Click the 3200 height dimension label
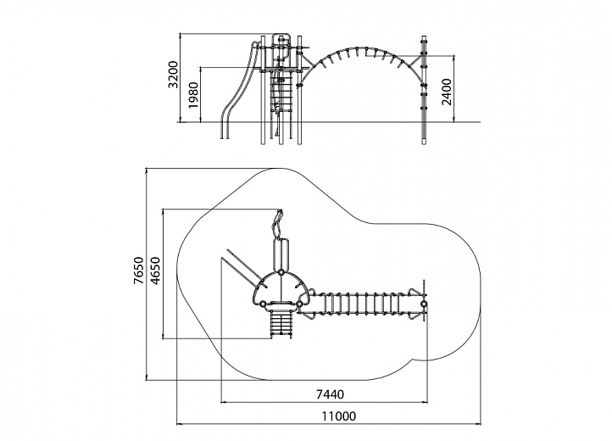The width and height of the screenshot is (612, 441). pos(173,75)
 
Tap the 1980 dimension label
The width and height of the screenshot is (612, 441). pos(193,95)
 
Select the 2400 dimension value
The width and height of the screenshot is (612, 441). pos(447,92)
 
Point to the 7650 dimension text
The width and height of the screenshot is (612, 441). pos(138,271)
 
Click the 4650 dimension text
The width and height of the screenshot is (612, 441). pos(155,271)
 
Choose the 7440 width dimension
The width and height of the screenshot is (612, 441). pos(330,394)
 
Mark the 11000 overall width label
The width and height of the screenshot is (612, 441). pos(339,416)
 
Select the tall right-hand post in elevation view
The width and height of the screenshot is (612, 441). pos(425,90)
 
